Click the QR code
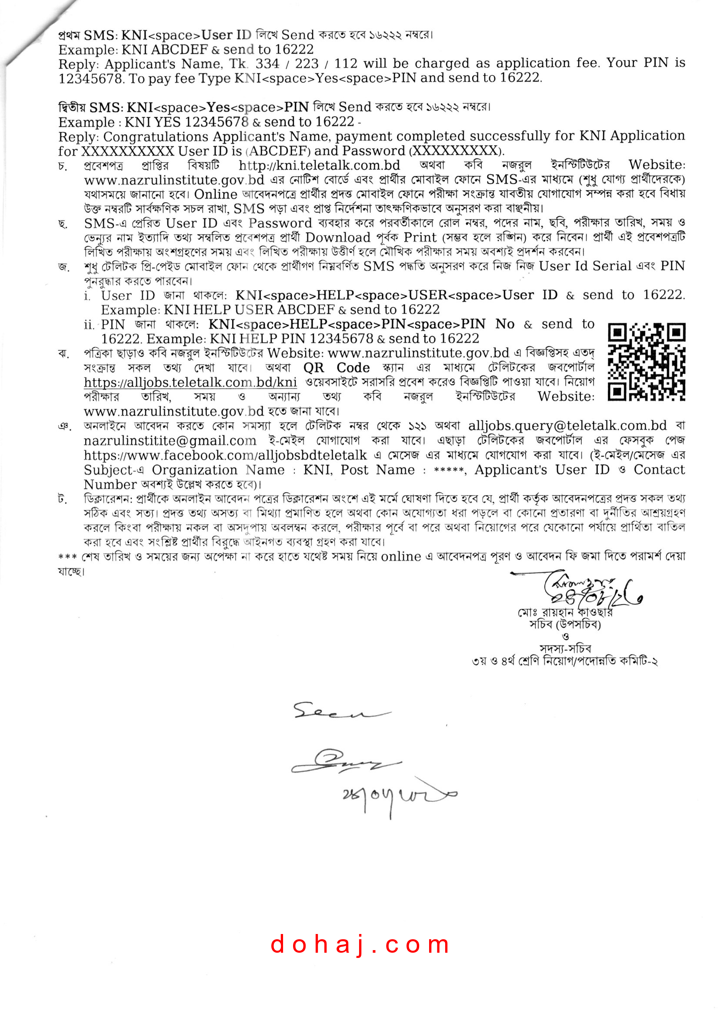[646, 362]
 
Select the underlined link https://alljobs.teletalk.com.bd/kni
[190, 382]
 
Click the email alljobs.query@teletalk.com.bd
[567, 426]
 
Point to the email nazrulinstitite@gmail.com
[170, 440]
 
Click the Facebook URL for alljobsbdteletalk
[225, 455]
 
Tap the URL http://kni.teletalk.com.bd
[319, 165]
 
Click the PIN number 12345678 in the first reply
[90, 78]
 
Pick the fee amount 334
[267, 64]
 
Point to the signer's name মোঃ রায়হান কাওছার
[565, 613]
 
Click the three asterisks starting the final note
[67, 557]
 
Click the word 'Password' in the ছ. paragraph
[280, 223]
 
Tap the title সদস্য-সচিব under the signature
[565, 648]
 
